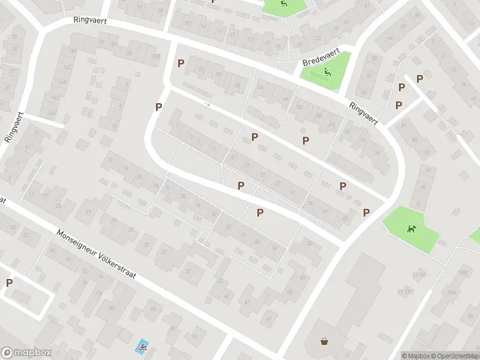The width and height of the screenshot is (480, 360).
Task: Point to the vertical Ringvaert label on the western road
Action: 14,127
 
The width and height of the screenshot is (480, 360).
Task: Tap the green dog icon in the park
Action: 411,228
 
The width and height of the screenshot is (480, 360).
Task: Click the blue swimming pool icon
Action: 142,346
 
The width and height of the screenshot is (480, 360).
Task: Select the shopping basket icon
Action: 325,341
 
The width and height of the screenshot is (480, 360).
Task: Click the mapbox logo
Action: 26,353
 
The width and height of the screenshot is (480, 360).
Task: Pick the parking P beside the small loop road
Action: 9,283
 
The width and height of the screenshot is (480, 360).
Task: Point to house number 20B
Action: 156,56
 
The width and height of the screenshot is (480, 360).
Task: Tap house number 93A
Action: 451,292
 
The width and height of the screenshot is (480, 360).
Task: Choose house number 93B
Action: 463,273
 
